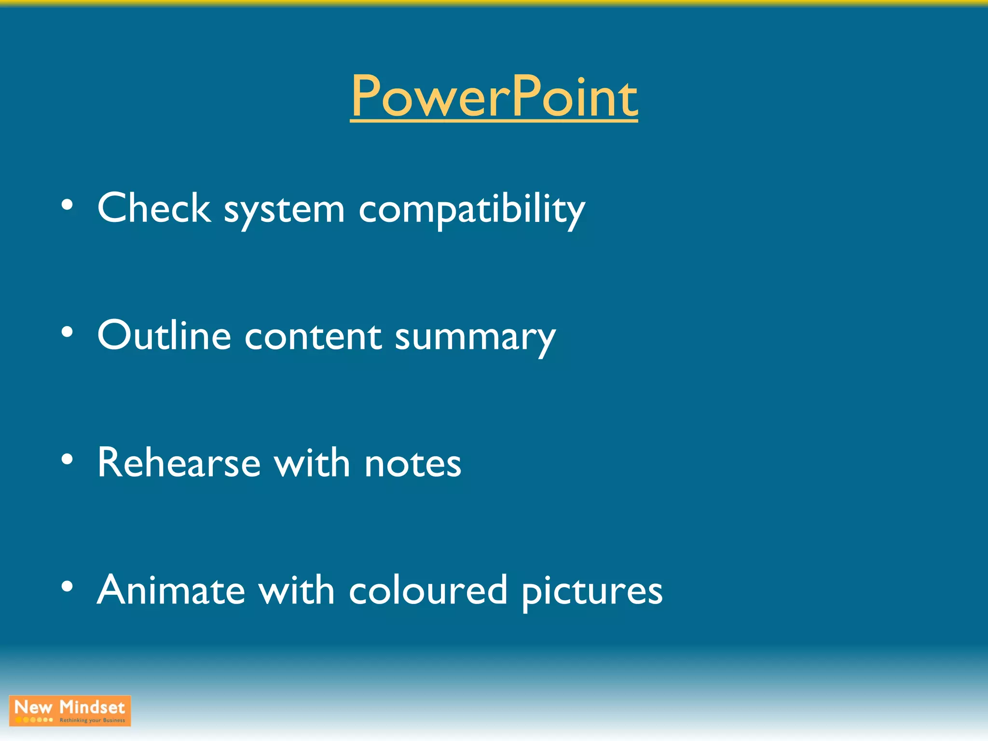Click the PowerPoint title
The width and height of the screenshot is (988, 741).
(x=494, y=96)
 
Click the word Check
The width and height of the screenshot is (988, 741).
(x=154, y=208)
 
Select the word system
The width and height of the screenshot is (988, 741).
(x=284, y=211)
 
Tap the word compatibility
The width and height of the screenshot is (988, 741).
(x=471, y=211)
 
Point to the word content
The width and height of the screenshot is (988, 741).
(x=313, y=337)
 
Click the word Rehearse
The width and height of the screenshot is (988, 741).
(x=179, y=463)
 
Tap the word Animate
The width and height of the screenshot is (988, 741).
(x=171, y=590)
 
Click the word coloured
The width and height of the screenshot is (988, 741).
(x=428, y=590)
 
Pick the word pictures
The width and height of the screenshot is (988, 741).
(x=592, y=592)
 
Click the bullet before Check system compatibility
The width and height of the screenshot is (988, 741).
(x=67, y=205)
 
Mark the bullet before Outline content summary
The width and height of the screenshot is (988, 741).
(x=67, y=332)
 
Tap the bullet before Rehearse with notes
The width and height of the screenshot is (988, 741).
(x=67, y=459)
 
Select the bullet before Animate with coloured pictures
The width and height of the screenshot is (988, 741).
(x=67, y=587)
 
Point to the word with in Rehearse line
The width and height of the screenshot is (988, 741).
(x=312, y=463)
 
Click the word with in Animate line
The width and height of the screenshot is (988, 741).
(x=296, y=590)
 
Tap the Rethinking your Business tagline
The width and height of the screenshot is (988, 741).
(x=92, y=720)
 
